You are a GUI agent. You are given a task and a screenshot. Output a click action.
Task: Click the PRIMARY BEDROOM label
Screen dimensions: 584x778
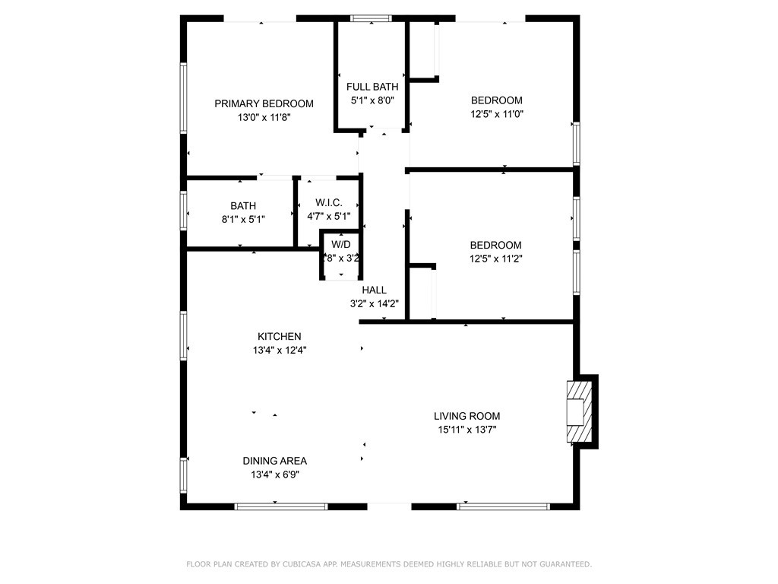coord(264,103)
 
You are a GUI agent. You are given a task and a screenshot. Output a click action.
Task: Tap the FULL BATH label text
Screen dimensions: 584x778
coord(372,87)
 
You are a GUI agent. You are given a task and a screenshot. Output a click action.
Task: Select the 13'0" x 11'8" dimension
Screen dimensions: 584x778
coord(264,117)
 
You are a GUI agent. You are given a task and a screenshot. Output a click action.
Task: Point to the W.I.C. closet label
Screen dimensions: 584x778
coord(329,202)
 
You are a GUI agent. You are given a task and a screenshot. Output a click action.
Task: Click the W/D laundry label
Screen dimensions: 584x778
coord(341,244)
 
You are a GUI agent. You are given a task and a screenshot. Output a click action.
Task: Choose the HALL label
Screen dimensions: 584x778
coord(374,290)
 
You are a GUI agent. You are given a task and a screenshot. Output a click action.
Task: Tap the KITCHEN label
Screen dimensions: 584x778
coord(279,336)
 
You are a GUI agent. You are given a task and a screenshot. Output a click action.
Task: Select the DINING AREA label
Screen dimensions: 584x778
coord(274,461)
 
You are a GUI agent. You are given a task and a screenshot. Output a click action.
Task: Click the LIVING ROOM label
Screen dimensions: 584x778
coord(466,416)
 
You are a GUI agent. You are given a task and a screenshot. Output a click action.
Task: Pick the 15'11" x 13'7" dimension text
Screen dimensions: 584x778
coord(466,430)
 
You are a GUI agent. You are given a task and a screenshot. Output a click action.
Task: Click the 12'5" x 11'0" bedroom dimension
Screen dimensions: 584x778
coord(497,114)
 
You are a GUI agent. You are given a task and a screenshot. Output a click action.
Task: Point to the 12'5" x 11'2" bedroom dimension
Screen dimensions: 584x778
coord(495,259)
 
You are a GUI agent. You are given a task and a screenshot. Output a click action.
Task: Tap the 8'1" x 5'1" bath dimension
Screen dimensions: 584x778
coord(243,219)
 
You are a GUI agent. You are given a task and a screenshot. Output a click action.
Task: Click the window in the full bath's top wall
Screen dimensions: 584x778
coord(372,17)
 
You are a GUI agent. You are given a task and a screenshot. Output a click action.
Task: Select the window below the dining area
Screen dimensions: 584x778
coord(280,506)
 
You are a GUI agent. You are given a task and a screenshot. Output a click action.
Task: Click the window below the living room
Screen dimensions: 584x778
coord(503,506)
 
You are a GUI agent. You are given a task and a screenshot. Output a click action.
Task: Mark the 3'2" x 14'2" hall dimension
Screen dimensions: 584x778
coord(374,303)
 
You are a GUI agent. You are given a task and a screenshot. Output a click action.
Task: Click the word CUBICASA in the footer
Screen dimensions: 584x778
coord(301,564)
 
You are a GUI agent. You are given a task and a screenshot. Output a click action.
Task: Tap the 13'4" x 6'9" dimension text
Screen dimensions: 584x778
coord(274,474)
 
